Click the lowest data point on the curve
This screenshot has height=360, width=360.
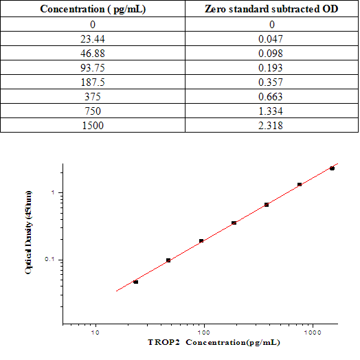click(136, 282)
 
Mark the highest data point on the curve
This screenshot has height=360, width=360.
click(332, 168)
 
